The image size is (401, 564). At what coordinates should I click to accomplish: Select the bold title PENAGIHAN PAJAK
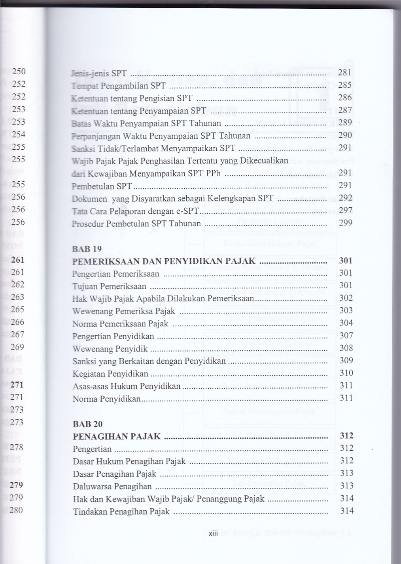tap(117, 436)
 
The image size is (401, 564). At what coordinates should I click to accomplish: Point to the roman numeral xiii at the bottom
tap(213, 534)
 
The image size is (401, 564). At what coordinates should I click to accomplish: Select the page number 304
tap(346, 323)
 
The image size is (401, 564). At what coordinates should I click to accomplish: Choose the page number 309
tap(346, 360)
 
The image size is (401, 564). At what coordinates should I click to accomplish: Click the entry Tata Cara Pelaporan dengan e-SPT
tap(135, 211)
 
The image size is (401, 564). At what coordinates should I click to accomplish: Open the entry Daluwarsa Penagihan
tap(112, 486)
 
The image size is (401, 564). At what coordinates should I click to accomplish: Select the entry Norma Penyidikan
tap(106, 399)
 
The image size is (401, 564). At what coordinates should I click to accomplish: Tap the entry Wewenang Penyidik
tap(110, 349)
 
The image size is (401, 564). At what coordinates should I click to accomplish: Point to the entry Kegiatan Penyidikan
tap(110, 374)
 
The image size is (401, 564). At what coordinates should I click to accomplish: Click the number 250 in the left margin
tap(19, 71)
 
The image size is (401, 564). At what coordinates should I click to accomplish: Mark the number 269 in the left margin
tap(18, 347)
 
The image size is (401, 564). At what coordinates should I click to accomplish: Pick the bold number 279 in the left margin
tap(17, 485)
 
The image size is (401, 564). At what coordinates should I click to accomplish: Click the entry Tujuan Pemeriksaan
tap(109, 286)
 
